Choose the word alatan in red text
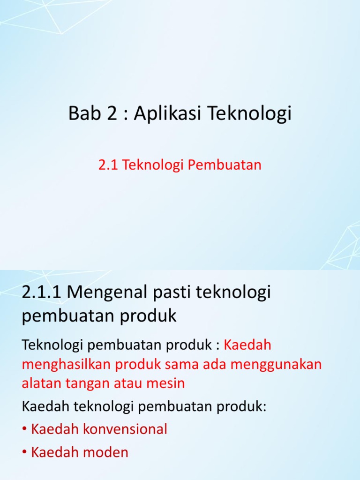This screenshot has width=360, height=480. tap(41, 383)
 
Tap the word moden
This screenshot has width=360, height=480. tap(106, 452)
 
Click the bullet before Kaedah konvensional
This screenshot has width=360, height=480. tap(25, 429)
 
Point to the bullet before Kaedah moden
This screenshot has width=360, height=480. tap(25, 453)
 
